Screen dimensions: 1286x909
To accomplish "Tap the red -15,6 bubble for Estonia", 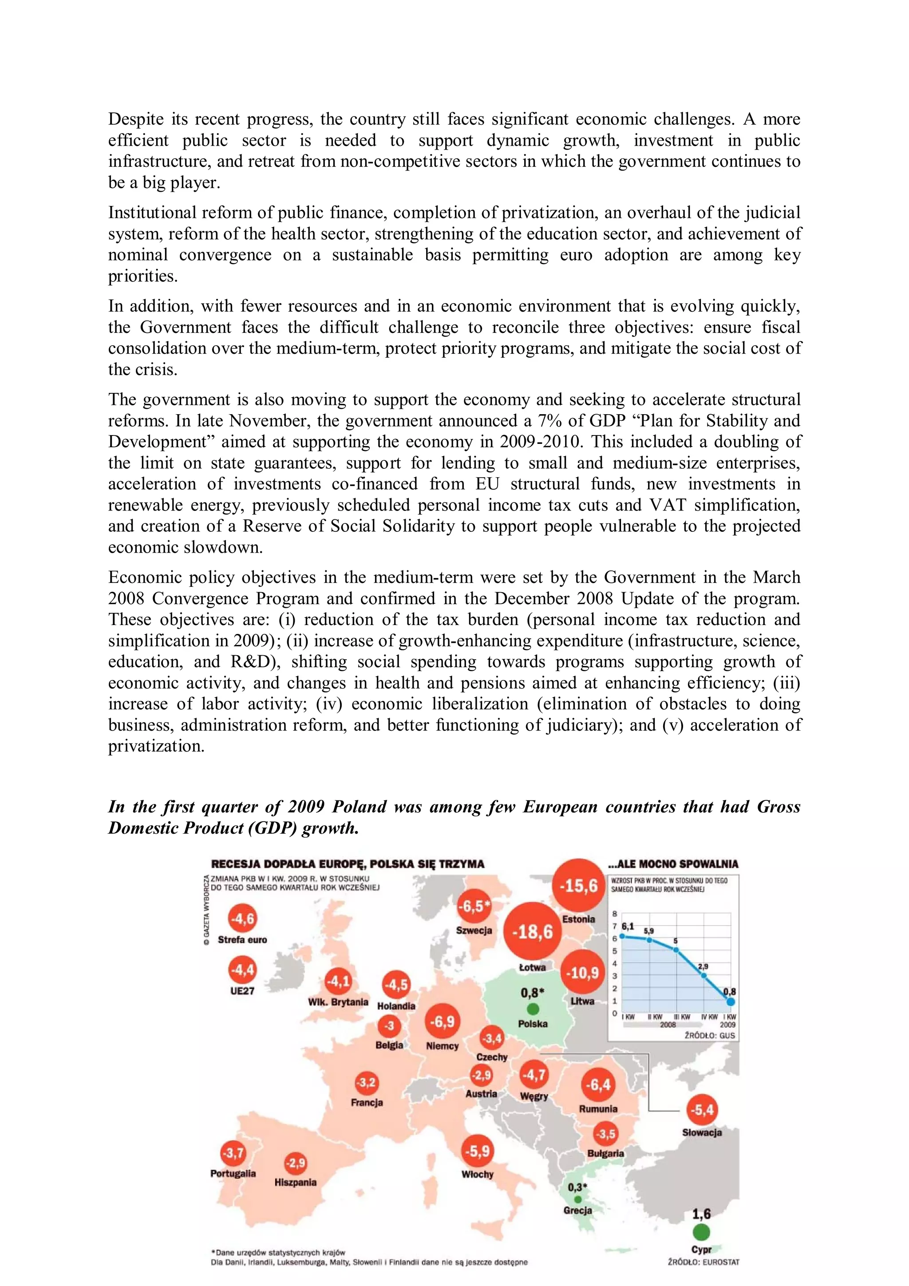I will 579,886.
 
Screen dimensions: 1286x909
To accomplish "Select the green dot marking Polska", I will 533,1009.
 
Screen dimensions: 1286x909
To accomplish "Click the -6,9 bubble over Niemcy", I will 442,1021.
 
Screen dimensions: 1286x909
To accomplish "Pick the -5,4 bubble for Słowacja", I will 702,1110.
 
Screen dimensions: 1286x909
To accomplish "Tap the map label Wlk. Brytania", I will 338,1002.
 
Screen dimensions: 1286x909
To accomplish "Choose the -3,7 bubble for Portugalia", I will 233,1153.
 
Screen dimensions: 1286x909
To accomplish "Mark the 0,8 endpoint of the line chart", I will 730,1001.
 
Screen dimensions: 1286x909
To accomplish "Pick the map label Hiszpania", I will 295,1183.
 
